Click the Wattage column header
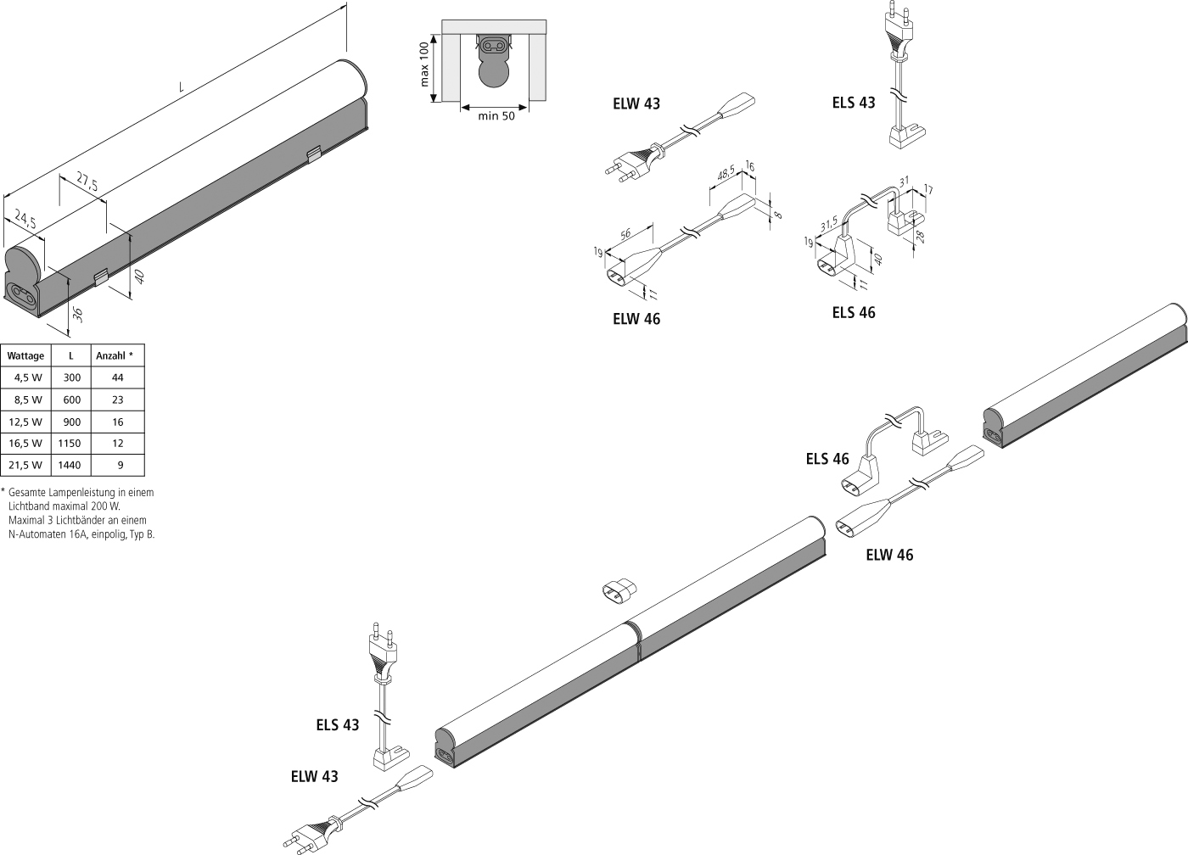[25, 355]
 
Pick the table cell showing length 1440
[71, 465]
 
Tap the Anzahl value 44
[117, 377]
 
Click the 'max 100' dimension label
[425, 64]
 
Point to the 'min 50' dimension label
[496, 116]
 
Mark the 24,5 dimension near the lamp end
[26, 222]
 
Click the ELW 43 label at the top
[636, 104]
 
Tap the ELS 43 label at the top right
[853, 103]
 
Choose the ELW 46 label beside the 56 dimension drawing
[636, 319]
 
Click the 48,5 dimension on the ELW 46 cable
[727, 173]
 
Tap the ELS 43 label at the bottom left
[338, 725]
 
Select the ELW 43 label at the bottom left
[314, 776]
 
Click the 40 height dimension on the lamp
[139, 277]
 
